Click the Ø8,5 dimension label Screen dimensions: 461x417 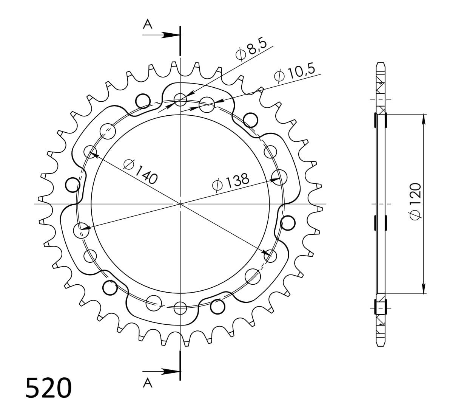click(251, 50)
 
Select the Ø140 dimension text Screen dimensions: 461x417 click(140, 172)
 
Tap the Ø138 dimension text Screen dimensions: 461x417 click(230, 183)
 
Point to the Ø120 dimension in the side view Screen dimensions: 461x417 click(415, 202)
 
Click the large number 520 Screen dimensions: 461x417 click(48, 388)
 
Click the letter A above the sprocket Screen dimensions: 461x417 click(147, 24)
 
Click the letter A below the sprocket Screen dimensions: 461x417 click(147, 383)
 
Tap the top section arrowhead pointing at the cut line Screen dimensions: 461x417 click(171, 35)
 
